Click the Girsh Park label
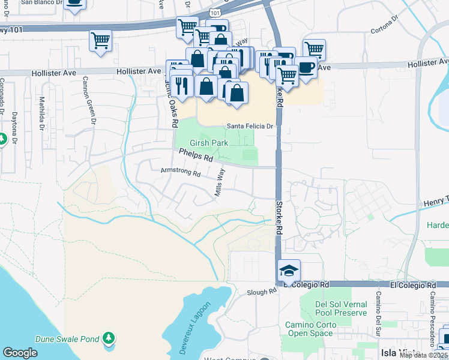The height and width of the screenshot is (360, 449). pyautogui.click(x=209, y=143)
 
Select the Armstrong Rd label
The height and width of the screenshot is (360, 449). pyautogui.click(x=180, y=172)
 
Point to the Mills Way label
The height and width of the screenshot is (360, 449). pyautogui.click(x=220, y=182)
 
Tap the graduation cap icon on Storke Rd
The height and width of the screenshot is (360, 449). pyautogui.click(x=289, y=271)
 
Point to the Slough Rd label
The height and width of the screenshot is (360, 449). pyautogui.click(x=262, y=292)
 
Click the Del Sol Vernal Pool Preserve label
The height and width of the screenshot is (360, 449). pyautogui.click(x=341, y=308)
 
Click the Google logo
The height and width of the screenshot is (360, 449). pyautogui.click(x=20, y=352)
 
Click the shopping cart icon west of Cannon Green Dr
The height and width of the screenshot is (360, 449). pyautogui.click(x=100, y=41)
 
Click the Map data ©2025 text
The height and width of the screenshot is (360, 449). pyautogui.click(x=423, y=355)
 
